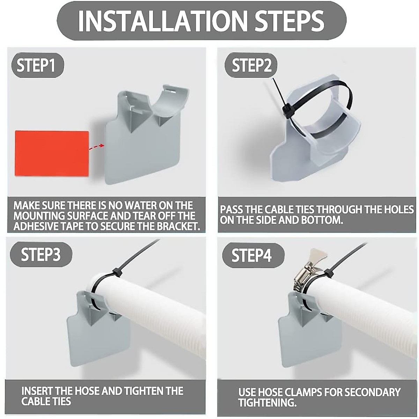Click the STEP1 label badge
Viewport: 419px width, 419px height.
[x=36, y=65]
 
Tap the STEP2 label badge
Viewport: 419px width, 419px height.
[x=251, y=65]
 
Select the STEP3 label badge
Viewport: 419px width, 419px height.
[x=41, y=255]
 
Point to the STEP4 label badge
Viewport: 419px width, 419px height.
[x=251, y=256]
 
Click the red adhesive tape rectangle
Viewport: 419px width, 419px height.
[x=52, y=154]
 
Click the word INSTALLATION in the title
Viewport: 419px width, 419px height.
[x=162, y=21]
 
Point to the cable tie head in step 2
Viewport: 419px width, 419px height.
[x=287, y=111]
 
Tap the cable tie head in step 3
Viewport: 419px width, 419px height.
[x=116, y=272]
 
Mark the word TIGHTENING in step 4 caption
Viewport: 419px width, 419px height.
[x=267, y=403]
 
